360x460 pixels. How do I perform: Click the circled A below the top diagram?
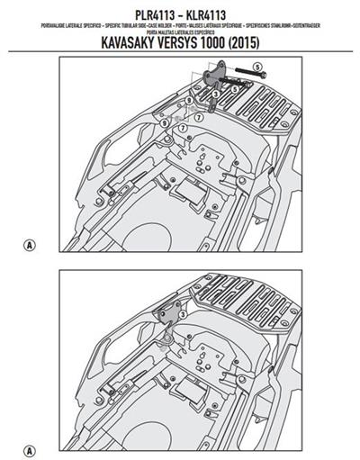pyautogui.click(x=32, y=244)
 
